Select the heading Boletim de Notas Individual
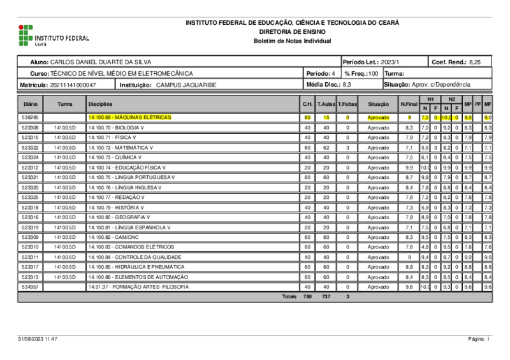pos(293,41)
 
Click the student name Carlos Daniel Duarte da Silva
pos(100,62)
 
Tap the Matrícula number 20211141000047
pos(73,84)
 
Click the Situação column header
pos(378,104)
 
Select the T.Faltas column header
pos(347,104)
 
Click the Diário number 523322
pos(30,148)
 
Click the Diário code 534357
pos(30,287)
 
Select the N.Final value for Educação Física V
pos(409,168)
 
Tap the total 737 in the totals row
pos(326,297)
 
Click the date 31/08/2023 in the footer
pos(31,340)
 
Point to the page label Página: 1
pos(479,340)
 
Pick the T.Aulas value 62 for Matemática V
pos(326,148)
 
